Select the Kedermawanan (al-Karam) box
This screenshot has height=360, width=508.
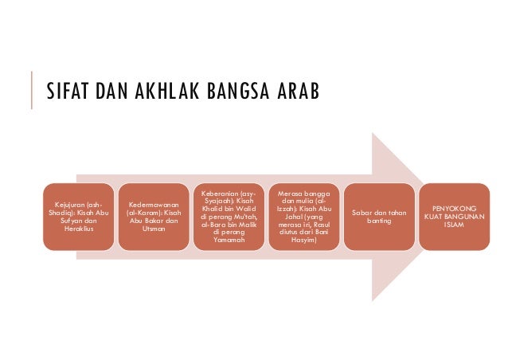click(153, 217)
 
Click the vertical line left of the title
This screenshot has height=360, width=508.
click(31, 91)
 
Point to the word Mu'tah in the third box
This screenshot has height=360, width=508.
click(245, 216)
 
